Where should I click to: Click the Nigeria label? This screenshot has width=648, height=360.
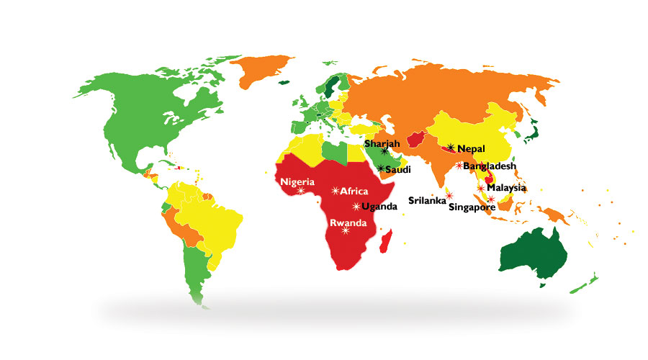[x=297, y=181]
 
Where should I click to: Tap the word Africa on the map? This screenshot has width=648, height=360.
[x=354, y=192]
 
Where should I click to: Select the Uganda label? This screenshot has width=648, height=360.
[x=379, y=207]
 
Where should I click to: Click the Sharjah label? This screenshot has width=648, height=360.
[x=382, y=143]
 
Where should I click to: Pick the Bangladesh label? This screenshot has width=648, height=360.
[x=490, y=166]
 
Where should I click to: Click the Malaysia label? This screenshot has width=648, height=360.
[x=507, y=187]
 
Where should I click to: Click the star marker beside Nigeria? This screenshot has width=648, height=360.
[x=301, y=190]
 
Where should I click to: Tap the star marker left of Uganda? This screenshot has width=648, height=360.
[x=355, y=207]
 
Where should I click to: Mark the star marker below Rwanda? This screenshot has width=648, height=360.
[x=345, y=231]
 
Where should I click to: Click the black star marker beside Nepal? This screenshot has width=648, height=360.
[x=450, y=148]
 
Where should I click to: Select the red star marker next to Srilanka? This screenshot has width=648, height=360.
[x=449, y=196]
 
